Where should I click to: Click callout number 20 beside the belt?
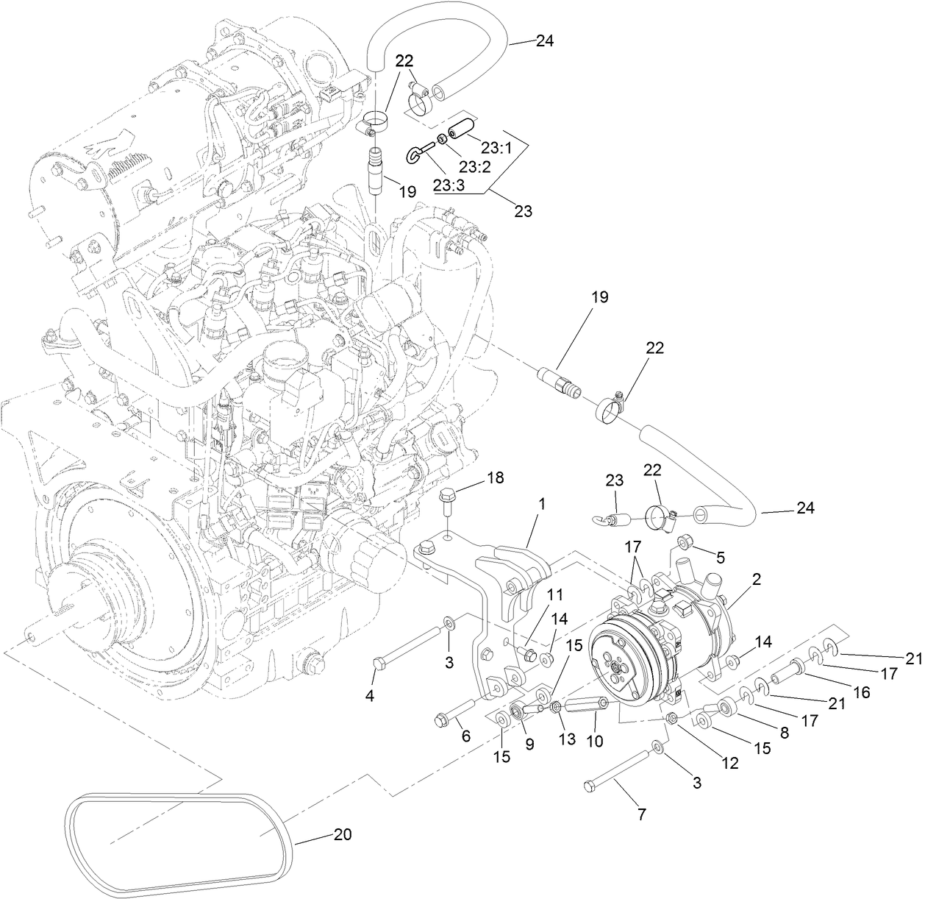pyautogui.click(x=343, y=834)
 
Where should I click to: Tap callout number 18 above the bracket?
pyautogui.click(x=496, y=477)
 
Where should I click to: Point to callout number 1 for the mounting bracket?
pyautogui.click(x=542, y=505)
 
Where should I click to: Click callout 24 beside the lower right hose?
pyautogui.click(x=806, y=508)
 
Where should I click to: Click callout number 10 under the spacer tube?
pyautogui.click(x=594, y=742)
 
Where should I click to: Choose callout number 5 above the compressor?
pyautogui.click(x=719, y=556)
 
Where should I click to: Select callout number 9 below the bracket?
pyautogui.click(x=529, y=744)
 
